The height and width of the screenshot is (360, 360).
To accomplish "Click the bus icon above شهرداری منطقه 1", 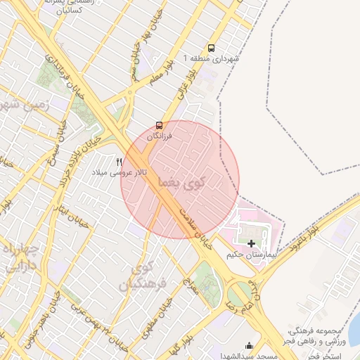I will [212, 48].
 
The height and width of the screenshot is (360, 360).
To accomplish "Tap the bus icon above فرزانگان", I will [159, 126].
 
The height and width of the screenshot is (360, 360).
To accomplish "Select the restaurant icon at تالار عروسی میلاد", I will [120, 161].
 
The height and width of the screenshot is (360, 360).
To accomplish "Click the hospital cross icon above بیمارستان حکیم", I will [251, 243].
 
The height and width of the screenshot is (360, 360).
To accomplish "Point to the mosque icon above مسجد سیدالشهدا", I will [248, 345].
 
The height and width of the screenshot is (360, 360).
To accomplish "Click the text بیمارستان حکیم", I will [252, 254].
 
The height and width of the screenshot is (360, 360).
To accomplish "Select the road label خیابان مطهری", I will [161, 317].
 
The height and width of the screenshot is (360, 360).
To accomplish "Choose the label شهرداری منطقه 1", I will [211, 58].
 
